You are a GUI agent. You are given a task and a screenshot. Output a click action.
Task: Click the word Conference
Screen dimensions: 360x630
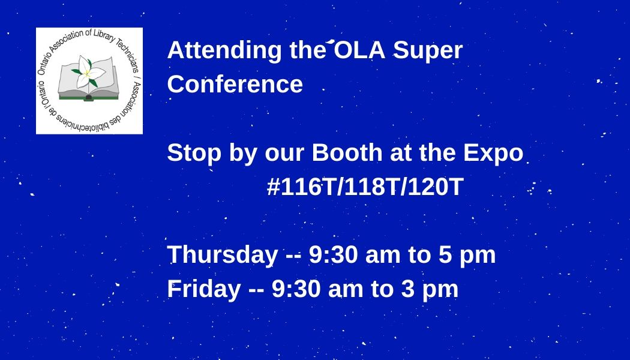tap(235, 85)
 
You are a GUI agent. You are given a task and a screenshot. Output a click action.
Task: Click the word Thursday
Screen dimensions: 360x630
tap(223, 255)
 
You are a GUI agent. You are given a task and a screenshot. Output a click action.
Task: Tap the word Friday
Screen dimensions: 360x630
tap(204, 289)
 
